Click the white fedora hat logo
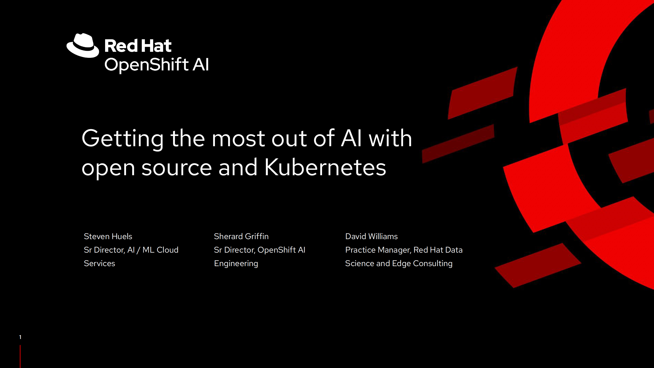pyautogui.click(x=83, y=45)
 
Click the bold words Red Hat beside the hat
pyautogui.click(x=138, y=46)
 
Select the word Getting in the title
pyautogui.click(x=123, y=139)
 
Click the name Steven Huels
pyautogui.click(x=108, y=236)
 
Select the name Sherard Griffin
pyautogui.click(x=241, y=236)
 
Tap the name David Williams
pyautogui.click(x=371, y=236)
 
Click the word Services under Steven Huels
pyautogui.click(x=99, y=263)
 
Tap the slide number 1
pyautogui.click(x=20, y=337)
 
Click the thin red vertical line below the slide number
pyautogui.click(x=20, y=356)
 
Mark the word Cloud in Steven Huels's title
pyautogui.click(x=168, y=250)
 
